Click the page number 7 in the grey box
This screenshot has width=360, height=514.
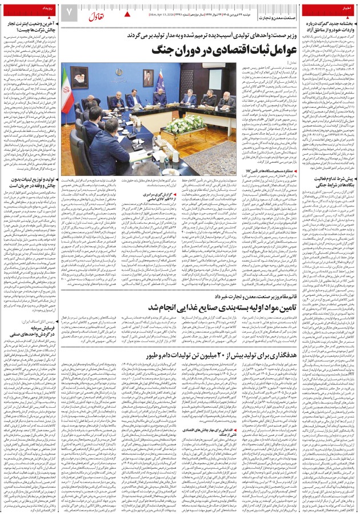click(x=69, y=11)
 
